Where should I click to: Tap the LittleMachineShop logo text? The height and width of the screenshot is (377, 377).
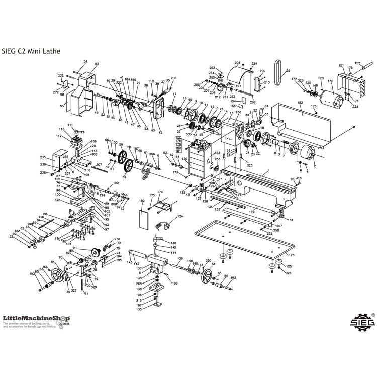point(36,318)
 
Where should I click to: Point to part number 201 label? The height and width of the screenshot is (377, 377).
point(238,63)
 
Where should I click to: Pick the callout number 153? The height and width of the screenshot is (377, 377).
point(300,103)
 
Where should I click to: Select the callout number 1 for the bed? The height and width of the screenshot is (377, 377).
point(269,171)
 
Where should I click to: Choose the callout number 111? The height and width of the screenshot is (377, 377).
point(70,125)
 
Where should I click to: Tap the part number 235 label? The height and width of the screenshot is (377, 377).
point(43,157)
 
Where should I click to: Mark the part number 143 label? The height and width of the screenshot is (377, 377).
point(130,263)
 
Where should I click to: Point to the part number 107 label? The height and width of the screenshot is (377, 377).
point(99,165)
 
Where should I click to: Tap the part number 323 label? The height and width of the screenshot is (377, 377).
point(249,165)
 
